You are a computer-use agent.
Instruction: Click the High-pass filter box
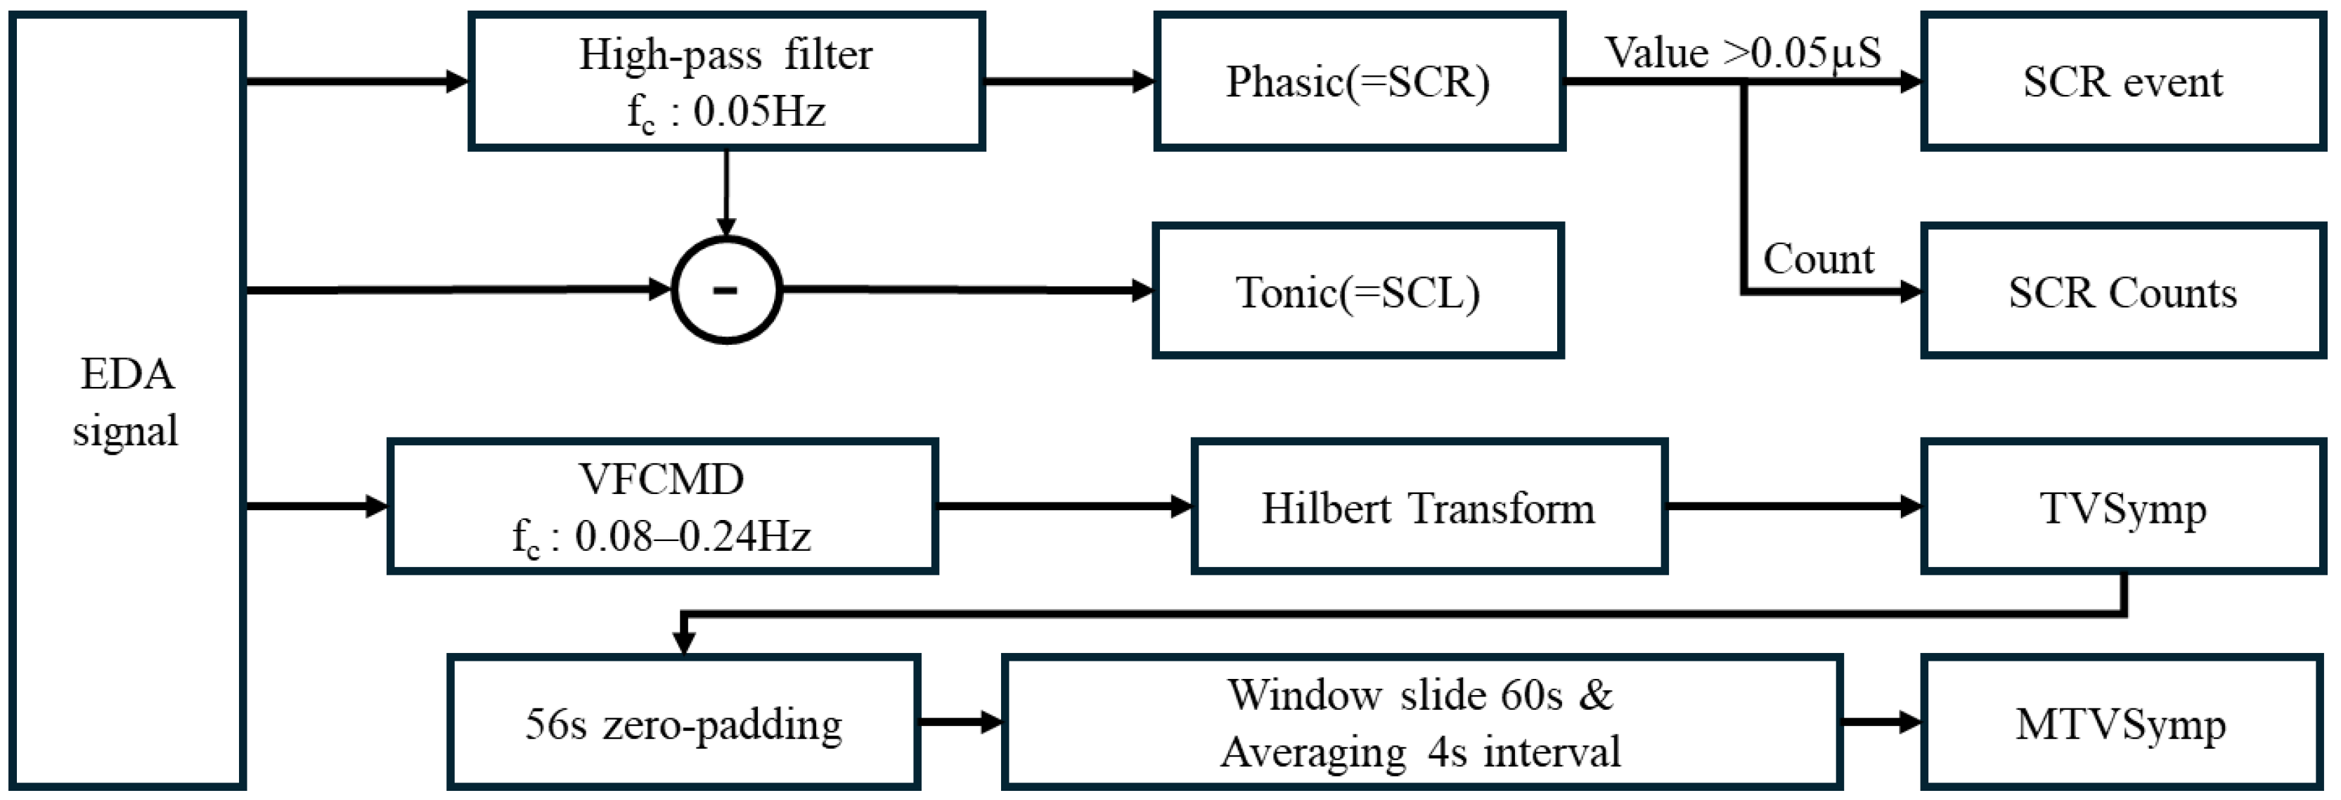[725, 82]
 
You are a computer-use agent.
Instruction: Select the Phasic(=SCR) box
[1359, 82]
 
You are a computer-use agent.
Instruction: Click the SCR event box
[2122, 82]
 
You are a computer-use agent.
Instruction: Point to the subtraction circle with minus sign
[726, 290]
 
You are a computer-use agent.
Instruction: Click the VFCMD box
[662, 507]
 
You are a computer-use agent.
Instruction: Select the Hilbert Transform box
[1428, 507]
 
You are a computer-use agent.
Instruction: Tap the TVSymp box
[2122, 507]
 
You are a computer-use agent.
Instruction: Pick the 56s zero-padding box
[683, 723]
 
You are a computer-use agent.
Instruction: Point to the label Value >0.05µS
[1742, 52]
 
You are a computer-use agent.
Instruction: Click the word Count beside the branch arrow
[1817, 259]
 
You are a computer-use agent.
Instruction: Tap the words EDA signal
[127, 402]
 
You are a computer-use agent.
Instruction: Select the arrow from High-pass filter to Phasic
[1069, 81]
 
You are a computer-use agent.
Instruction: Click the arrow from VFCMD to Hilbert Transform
[1063, 507]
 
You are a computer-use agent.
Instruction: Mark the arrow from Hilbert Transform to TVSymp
[1793, 507]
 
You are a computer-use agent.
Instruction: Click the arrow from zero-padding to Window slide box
[960, 723]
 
